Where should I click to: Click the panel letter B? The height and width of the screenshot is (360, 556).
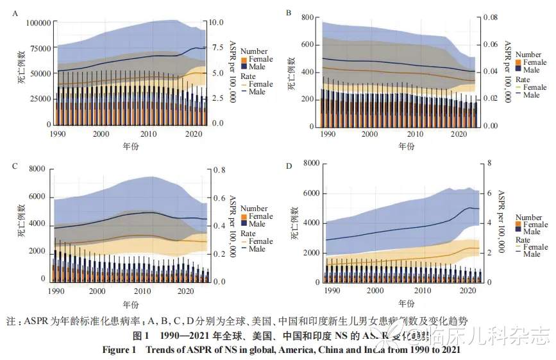tap(289, 12)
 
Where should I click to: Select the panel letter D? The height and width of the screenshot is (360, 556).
tap(289, 166)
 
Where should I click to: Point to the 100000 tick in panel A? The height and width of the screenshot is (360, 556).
tap(37, 23)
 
